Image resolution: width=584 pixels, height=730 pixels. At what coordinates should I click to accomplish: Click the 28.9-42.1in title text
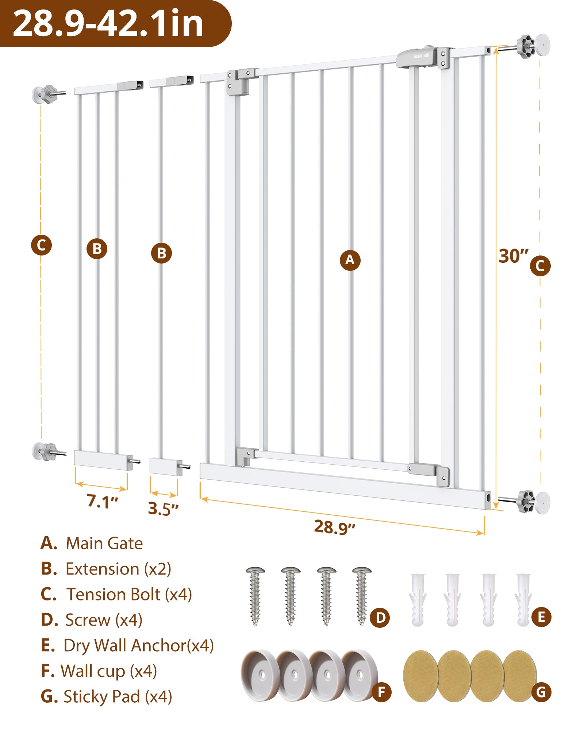pyautogui.click(x=108, y=23)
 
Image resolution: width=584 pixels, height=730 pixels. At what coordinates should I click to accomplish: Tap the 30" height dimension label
pyautogui.click(x=513, y=256)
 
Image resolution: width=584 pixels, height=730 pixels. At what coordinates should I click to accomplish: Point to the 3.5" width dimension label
pyautogui.click(x=163, y=508)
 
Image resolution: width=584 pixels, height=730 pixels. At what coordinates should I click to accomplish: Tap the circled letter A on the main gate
pyautogui.click(x=350, y=260)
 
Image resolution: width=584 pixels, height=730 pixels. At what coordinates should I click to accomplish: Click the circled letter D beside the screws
pyautogui.click(x=380, y=617)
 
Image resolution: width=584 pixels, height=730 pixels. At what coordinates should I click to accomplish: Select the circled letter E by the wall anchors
pyautogui.click(x=541, y=617)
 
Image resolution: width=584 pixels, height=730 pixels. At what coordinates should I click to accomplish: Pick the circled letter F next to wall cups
pyautogui.click(x=381, y=692)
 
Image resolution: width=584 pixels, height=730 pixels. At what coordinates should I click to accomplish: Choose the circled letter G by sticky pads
pyautogui.click(x=541, y=692)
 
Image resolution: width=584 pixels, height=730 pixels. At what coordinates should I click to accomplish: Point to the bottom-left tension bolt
pyautogui.click(x=49, y=452)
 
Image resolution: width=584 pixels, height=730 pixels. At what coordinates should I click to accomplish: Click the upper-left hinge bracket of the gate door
pyautogui.click(x=239, y=81)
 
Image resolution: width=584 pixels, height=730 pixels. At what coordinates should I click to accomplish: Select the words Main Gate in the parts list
pyautogui.click(x=104, y=543)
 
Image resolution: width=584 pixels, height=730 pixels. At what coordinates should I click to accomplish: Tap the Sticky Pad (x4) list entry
pyautogui.click(x=118, y=696)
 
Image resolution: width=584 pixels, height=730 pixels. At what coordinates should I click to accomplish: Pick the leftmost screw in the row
pyautogui.click(x=255, y=595)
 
